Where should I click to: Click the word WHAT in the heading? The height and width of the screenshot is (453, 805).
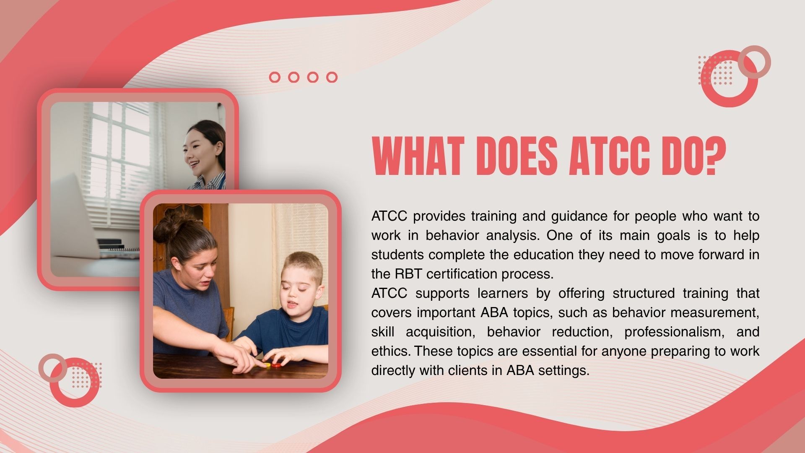click(419, 156)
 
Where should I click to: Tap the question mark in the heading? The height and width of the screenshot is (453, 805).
click(715, 156)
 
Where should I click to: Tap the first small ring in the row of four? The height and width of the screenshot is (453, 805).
click(275, 77)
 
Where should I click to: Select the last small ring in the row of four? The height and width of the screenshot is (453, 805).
click(332, 77)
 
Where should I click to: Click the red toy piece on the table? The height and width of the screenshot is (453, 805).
click(275, 365)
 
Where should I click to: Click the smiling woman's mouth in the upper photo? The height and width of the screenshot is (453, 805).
click(193, 162)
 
